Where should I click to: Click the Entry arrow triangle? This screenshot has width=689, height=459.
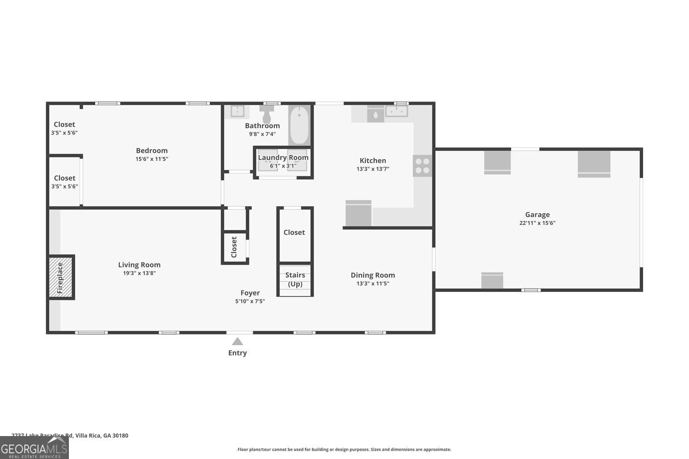click(x=237, y=341)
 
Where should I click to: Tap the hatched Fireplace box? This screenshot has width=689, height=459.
click(x=61, y=277)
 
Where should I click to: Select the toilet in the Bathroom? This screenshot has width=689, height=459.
click(x=266, y=115)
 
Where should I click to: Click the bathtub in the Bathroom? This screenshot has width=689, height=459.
click(x=299, y=125)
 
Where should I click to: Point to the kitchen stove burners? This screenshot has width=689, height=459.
click(x=422, y=166)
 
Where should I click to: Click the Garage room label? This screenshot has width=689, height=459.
click(x=537, y=214)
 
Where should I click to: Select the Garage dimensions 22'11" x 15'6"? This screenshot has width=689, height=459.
click(x=537, y=223)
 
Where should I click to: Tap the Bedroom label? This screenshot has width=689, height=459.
click(x=152, y=151)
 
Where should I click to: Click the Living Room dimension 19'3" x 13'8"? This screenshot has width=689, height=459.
click(x=139, y=273)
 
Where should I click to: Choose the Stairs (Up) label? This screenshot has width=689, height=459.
click(x=295, y=279)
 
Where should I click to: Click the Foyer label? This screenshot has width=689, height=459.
click(x=250, y=293)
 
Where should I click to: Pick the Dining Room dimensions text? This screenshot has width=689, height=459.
click(x=373, y=284)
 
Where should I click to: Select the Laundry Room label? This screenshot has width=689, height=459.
click(x=283, y=157)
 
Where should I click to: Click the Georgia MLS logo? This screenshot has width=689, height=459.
click(x=34, y=448)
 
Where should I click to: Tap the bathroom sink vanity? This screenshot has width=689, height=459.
click(x=237, y=112)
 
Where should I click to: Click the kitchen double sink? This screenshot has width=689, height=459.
click(x=396, y=111)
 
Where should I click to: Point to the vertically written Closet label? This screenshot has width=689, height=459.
click(x=234, y=247)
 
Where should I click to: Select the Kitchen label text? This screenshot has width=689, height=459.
click(x=373, y=161)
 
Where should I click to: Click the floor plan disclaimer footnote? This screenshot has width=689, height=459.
click(x=344, y=449)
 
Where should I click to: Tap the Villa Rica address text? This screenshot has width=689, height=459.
click(x=70, y=436)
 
